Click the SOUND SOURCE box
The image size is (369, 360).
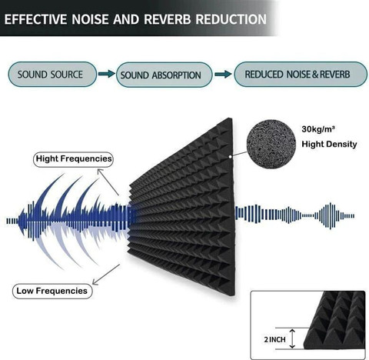click(x=52, y=75)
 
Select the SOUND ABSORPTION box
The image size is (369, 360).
click(x=164, y=75)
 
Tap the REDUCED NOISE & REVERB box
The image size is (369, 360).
click(x=301, y=74)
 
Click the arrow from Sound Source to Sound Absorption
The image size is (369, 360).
click(x=107, y=74)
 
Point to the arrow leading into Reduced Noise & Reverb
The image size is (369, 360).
click(x=223, y=75)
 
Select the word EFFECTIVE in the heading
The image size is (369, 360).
click(x=35, y=19)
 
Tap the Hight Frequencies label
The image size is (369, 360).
click(x=73, y=159)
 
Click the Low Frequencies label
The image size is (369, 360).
click(x=52, y=291)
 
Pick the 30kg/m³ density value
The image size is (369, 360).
click(x=318, y=129)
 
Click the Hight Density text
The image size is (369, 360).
click(x=329, y=144)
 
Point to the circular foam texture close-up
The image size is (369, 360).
click(x=271, y=144)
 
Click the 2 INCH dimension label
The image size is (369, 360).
click(x=274, y=339)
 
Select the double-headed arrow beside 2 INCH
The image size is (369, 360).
click(x=292, y=339)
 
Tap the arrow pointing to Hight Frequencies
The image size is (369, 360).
click(x=108, y=182)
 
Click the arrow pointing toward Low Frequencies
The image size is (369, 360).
click(x=106, y=275)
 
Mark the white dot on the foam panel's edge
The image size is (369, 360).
click(x=231, y=156)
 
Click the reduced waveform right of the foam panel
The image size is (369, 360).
click(x=294, y=216)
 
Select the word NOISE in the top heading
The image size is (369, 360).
click(x=90, y=19)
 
